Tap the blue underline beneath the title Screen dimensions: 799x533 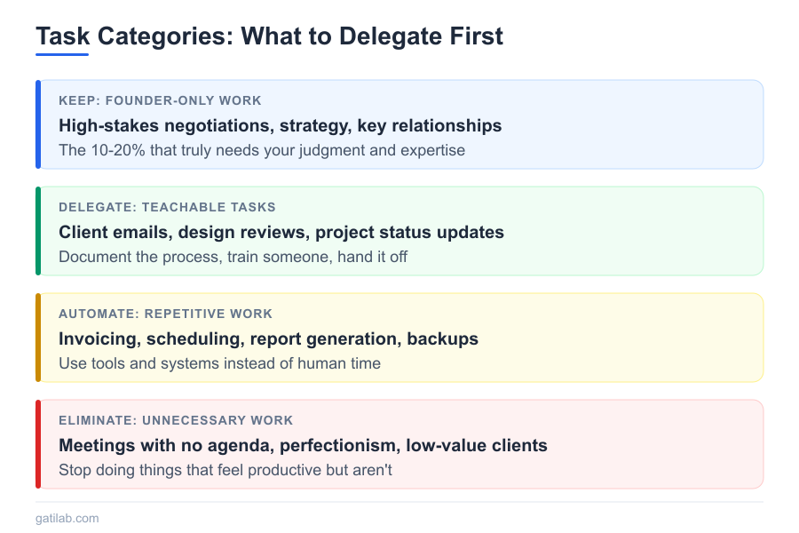coord(62,54)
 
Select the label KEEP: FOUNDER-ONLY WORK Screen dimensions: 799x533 coord(160,100)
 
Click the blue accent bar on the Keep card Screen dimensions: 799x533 coord(38,124)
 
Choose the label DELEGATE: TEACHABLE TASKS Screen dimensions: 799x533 coord(167,207)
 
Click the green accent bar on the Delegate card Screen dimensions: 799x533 coord(38,231)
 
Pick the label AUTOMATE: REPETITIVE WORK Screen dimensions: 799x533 coord(166,314)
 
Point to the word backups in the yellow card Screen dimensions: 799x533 coord(442,338)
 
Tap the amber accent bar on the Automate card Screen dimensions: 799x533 coord(38,338)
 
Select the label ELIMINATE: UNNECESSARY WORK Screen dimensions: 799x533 coord(176,420)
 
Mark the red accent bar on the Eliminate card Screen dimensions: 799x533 coord(38,444)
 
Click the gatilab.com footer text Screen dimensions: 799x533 coord(67,518)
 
